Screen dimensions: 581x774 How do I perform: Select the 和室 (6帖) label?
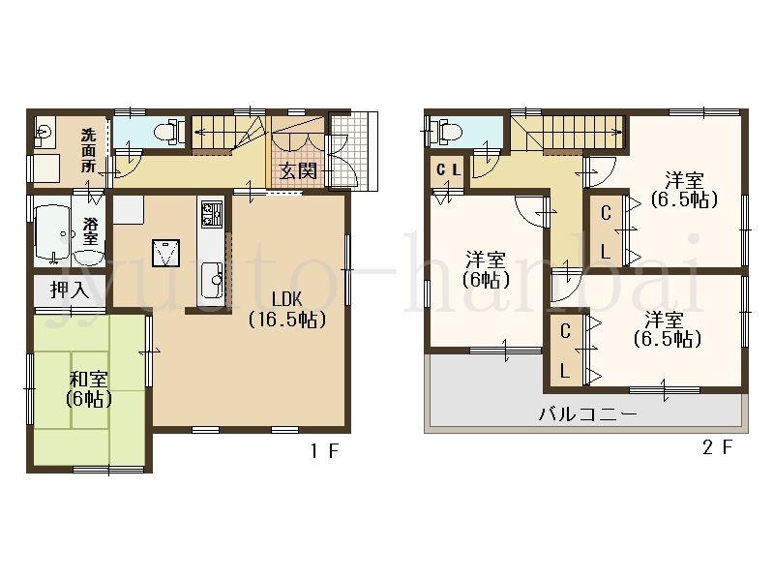coord(89,388)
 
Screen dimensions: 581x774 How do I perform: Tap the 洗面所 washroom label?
coord(88,150)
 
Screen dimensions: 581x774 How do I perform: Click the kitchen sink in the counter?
coord(212,281)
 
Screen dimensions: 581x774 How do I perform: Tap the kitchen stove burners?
coord(212,211)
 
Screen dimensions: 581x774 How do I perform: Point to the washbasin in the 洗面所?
coord(44,130)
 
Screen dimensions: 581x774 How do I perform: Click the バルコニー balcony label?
coord(587,414)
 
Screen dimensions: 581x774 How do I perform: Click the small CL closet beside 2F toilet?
coord(448,171)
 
